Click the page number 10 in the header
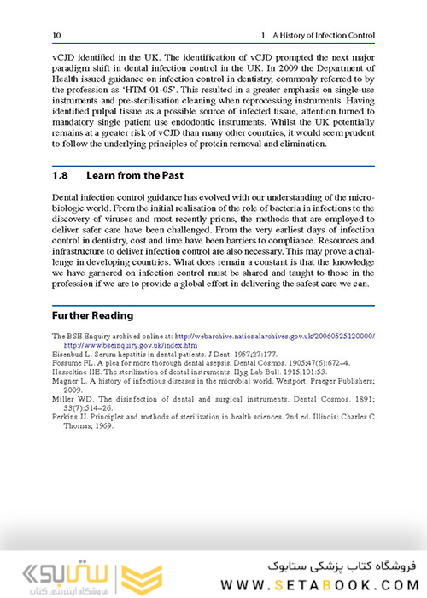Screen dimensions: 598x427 click(56, 35)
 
